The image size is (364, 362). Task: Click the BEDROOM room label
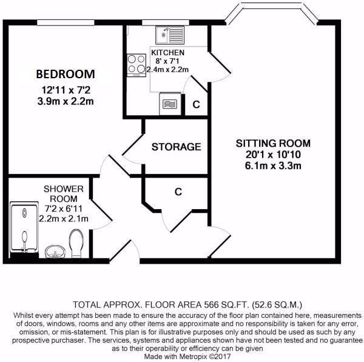coord(66,74)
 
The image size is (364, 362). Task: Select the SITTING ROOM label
coord(272,144)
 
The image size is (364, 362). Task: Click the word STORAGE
coord(176,147)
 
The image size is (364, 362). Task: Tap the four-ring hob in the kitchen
coord(135,64)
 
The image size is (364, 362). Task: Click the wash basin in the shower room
coord(55,250)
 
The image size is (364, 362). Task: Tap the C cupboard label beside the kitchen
coord(195,104)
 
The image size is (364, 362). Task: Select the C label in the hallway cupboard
coord(178,192)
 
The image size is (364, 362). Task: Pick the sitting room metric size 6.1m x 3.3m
coord(272,166)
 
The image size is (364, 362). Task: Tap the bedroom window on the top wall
coord(62,23)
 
